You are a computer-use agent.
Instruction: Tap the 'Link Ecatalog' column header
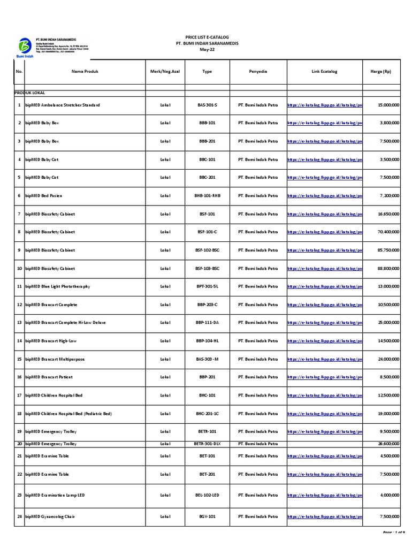click(324, 71)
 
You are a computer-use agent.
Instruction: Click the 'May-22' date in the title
click(207, 49)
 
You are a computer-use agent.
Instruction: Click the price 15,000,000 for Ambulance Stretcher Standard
click(388, 105)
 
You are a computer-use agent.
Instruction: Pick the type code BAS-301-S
click(208, 105)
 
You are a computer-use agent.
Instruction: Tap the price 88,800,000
click(388, 268)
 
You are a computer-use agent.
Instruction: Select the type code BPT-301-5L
click(208, 286)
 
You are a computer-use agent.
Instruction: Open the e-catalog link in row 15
click(325, 359)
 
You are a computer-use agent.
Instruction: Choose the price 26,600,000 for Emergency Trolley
click(388, 444)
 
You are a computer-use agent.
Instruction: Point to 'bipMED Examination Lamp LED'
click(55, 495)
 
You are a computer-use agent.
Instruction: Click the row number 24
click(18, 516)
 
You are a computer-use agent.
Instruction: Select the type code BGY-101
click(208, 516)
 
